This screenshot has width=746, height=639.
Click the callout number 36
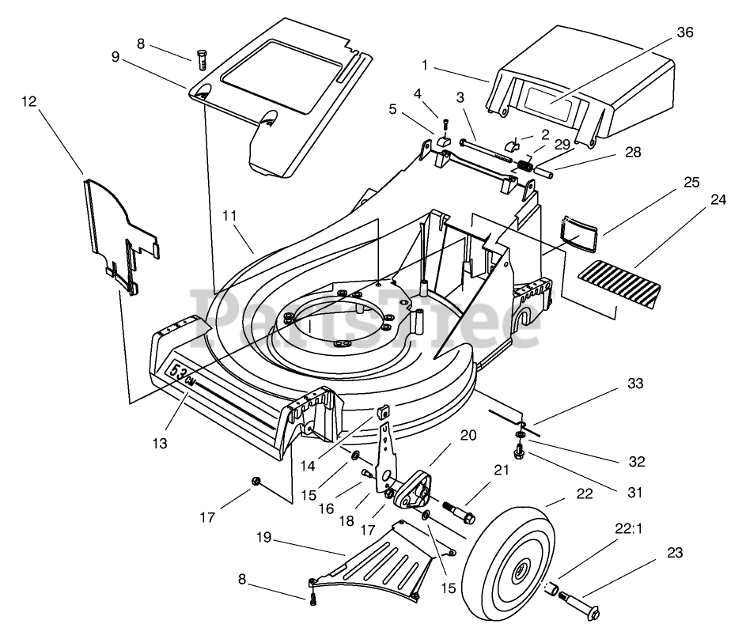pyautogui.click(x=685, y=32)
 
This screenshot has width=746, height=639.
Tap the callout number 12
pyautogui.click(x=29, y=101)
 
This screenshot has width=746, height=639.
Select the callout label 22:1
pyautogui.click(x=629, y=528)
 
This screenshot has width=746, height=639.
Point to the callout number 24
pyautogui.click(x=718, y=199)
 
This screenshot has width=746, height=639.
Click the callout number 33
pyautogui.click(x=635, y=384)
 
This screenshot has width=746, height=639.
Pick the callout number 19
pyautogui.click(x=264, y=537)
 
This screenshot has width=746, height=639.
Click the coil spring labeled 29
pyautogui.click(x=524, y=166)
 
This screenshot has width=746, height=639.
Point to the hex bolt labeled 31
pyautogui.click(x=520, y=452)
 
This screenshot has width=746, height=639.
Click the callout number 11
pyautogui.click(x=229, y=215)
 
